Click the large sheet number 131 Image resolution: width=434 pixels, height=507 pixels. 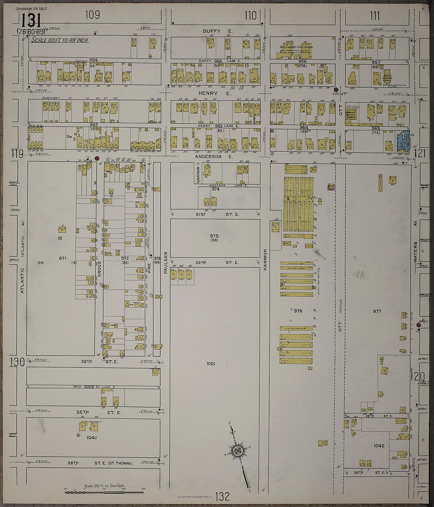[x=30, y=20]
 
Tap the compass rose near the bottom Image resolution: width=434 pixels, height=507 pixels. [x=238, y=450]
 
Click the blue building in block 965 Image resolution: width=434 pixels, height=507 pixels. [x=403, y=141]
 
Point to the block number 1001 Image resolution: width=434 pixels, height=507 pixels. [x=211, y=364]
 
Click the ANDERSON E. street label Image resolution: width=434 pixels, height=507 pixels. [x=215, y=156]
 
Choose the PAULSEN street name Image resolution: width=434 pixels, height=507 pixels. [x=166, y=262]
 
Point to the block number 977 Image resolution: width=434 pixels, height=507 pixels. [x=377, y=311]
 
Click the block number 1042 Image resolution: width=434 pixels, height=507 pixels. [x=379, y=446]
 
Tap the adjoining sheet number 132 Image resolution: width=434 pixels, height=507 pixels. [x=223, y=496]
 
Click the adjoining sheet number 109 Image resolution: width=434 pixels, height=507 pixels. [x=92, y=15]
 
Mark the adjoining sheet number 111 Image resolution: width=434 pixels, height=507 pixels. [x=375, y=16]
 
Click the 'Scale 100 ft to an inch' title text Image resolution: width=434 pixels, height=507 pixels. [x=60, y=40]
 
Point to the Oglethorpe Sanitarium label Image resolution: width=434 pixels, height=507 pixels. [x=299, y=46]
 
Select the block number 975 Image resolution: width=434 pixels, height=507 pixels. [x=215, y=236]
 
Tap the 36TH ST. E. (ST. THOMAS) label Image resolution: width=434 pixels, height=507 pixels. [x=102, y=463]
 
